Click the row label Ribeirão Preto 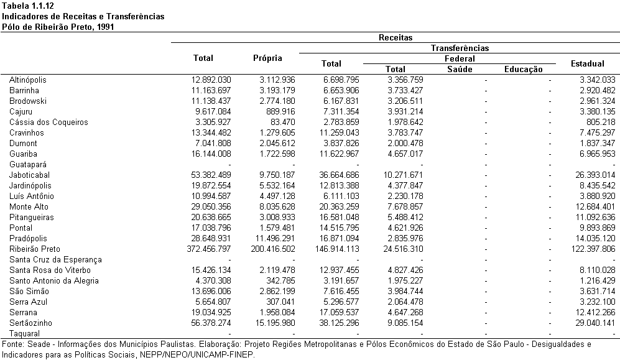(x=34, y=249)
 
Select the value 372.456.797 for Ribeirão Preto (x=209, y=249)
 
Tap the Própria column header (x=267, y=58)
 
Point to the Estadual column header (x=588, y=63)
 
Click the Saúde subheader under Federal (x=460, y=69)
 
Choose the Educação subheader (x=524, y=70)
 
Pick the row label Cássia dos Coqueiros (x=49, y=122)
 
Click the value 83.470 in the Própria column (x=280, y=122)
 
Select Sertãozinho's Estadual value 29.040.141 (x=596, y=323)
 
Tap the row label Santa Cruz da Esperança (x=55, y=260)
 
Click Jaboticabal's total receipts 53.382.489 (x=211, y=175)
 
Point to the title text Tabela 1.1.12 (x=28, y=6)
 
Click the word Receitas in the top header (x=396, y=37)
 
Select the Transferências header (x=460, y=48)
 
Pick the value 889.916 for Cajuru (x=280, y=111)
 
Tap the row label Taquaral (x=24, y=333)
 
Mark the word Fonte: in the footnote (x=14, y=344)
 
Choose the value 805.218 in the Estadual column (x=601, y=122)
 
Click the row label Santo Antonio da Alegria (x=53, y=280)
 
